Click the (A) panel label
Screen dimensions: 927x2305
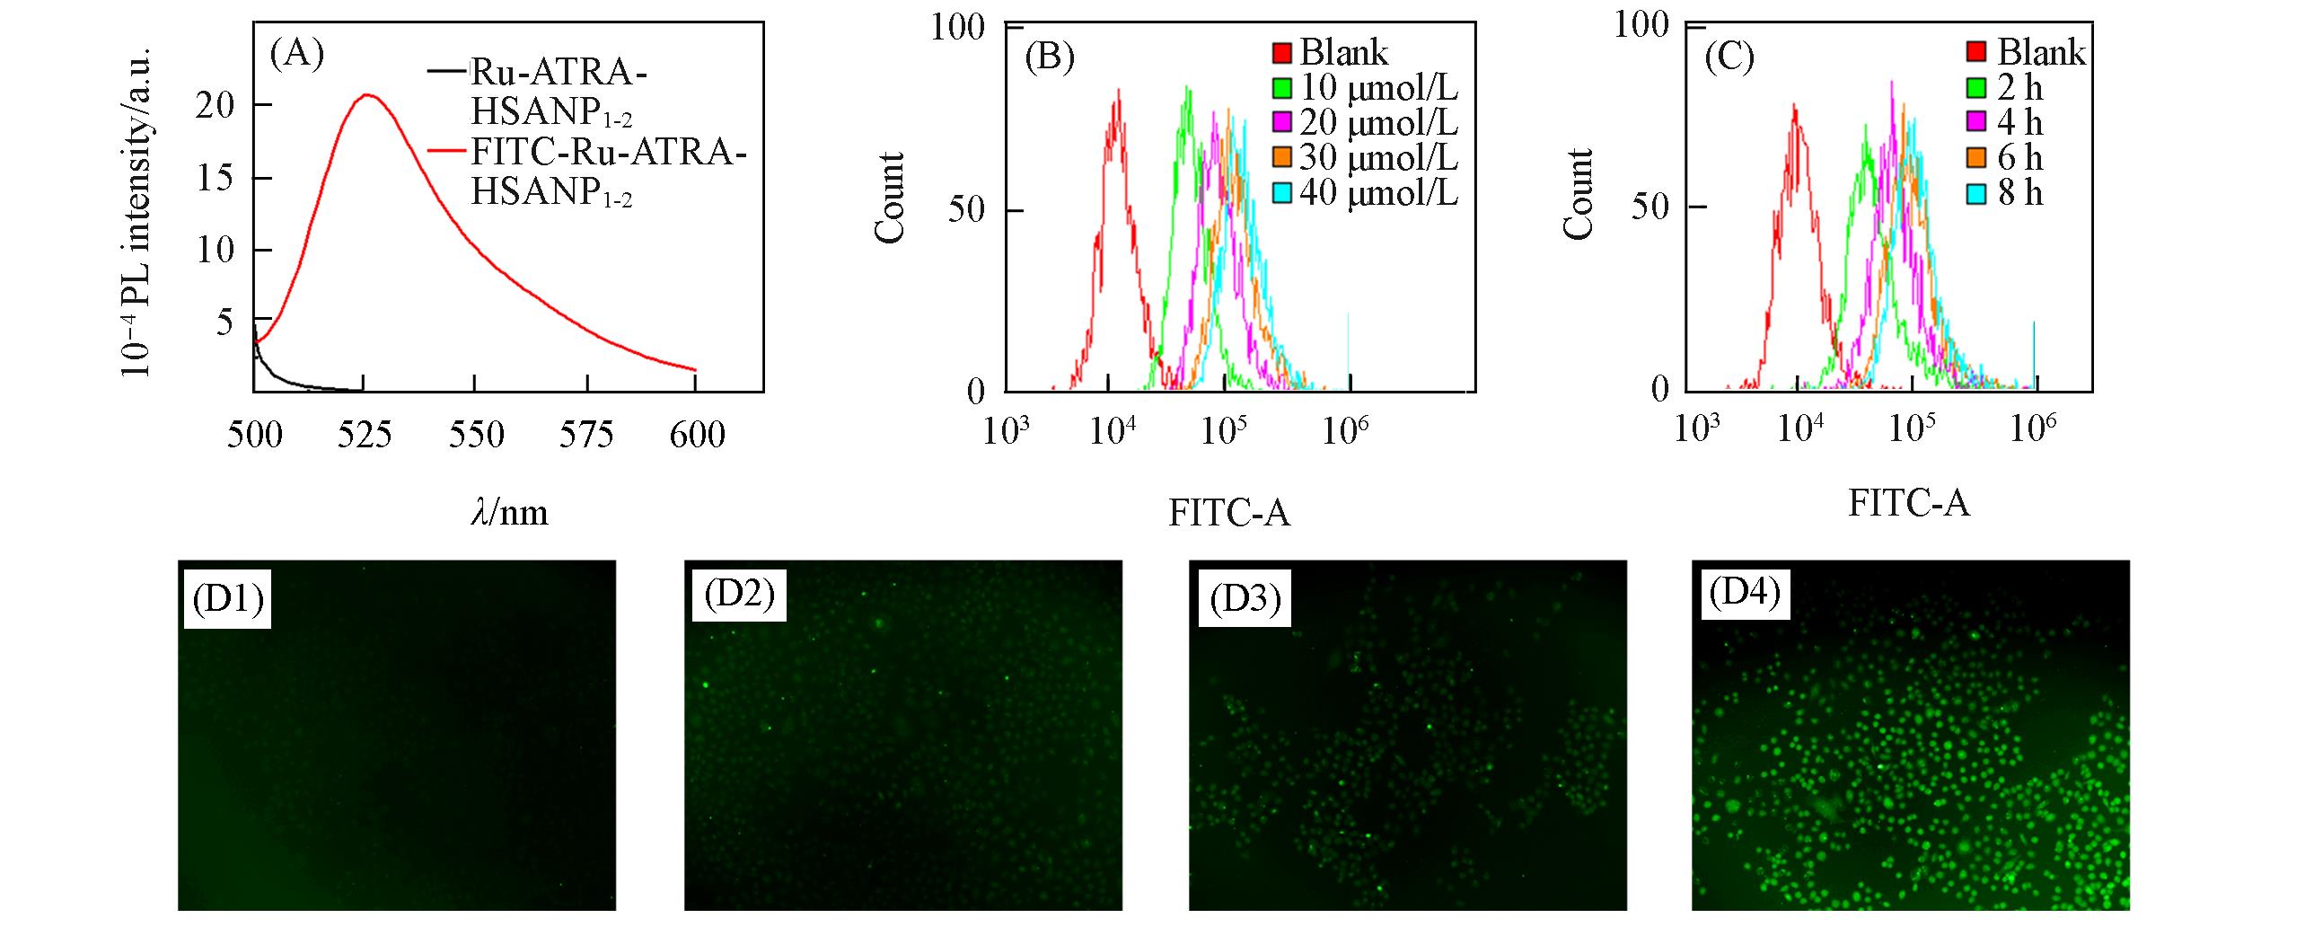coord(296,56)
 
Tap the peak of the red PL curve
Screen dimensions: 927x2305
coord(366,95)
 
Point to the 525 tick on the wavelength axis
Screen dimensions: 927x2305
coord(365,435)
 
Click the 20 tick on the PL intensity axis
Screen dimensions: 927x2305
coord(216,106)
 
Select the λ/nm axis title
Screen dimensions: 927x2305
coord(508,512)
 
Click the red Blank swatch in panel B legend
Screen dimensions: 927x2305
coord(1282,52)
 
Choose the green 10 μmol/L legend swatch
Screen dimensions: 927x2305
coord(1282,87)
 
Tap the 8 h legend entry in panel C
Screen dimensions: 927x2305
coord(2019,192)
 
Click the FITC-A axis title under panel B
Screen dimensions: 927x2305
coord(1228,512)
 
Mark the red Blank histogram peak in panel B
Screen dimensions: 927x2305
coord(1118,90)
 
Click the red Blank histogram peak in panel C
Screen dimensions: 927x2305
coord(1794,105)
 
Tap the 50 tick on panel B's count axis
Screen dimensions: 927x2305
coord(968,210)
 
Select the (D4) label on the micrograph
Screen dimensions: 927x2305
coord(1744,594)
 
